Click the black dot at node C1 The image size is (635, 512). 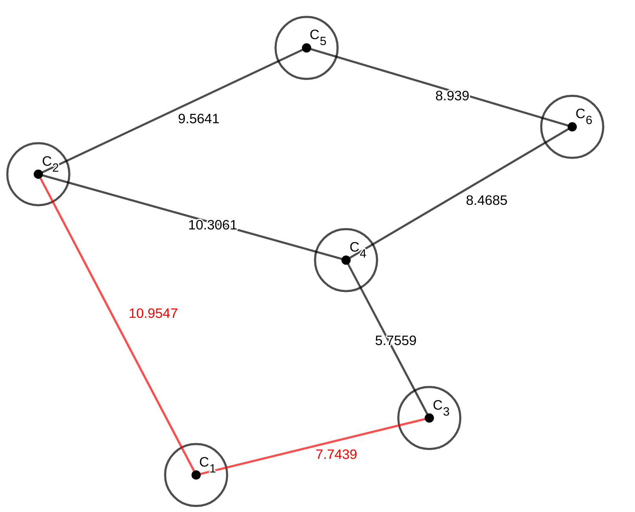coord(196,475)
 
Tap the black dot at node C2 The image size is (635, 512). coord(38,174)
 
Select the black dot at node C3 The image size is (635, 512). coord(429,418)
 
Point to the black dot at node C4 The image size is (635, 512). coord(346,260)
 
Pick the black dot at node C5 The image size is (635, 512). coord(306,48)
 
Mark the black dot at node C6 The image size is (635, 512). coord(572,127)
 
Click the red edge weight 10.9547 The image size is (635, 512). coord(153,314)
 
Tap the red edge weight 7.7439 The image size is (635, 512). coord(336,455)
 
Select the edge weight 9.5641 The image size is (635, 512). coord(198,119)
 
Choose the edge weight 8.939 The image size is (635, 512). coord(452,96)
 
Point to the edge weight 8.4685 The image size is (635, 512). coord(486,201)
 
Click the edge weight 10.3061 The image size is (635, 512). coord(212,225)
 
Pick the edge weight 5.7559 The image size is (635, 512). coord(395,341)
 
